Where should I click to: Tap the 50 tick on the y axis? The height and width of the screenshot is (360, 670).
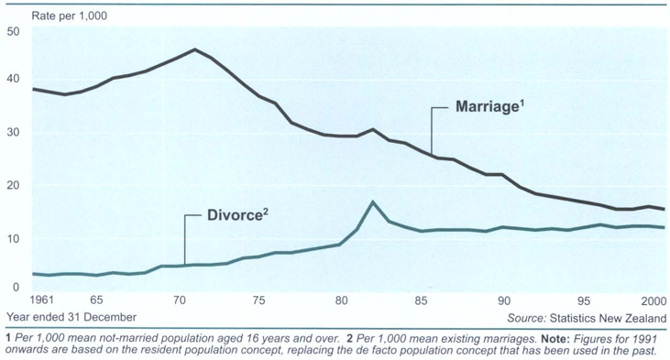tap(13, 32)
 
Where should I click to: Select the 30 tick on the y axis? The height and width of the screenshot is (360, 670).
tap(13, 133)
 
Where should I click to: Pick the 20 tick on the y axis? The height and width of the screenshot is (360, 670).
tap(13, 185)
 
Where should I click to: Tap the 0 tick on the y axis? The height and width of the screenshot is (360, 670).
tap(16, 287)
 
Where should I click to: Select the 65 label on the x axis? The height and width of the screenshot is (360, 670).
tap(95, 301)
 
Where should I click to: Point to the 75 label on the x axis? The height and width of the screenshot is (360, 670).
tap(260, 301)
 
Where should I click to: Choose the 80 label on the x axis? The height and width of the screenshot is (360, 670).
tap(341, 301)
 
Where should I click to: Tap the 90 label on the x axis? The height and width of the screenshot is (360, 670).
tap(503, 301)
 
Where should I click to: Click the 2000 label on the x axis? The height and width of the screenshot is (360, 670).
tap(653, 301)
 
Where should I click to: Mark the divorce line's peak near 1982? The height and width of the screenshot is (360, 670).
tap(372, 202)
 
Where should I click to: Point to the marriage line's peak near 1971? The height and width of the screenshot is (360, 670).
tap(195, 49)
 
